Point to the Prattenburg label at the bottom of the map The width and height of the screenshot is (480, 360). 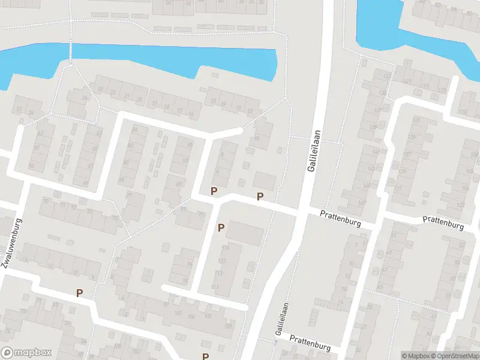pyautogui.click(x=310, y=343)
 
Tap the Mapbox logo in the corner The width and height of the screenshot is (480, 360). pyautogui.click(x=26, y=353)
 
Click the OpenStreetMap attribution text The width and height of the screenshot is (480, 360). pyautogui.click(x=457, y=356)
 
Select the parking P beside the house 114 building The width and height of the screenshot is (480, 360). pyautogui.click(x=221, y=227)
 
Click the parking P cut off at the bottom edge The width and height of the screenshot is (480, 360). pyautogui.click(x=205, y=356)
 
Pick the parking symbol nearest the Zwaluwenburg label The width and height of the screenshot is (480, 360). pyautogui.click(x=79, y=293)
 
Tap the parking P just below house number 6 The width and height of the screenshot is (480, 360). pyautogui.click(x=213, y=191)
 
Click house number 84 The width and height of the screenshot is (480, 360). pyautogui.click(x=135, y=129)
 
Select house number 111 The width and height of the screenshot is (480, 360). pyautogui.click(x=215, y=287)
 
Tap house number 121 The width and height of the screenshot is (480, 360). pyautogui.click(x=408, y=81)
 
